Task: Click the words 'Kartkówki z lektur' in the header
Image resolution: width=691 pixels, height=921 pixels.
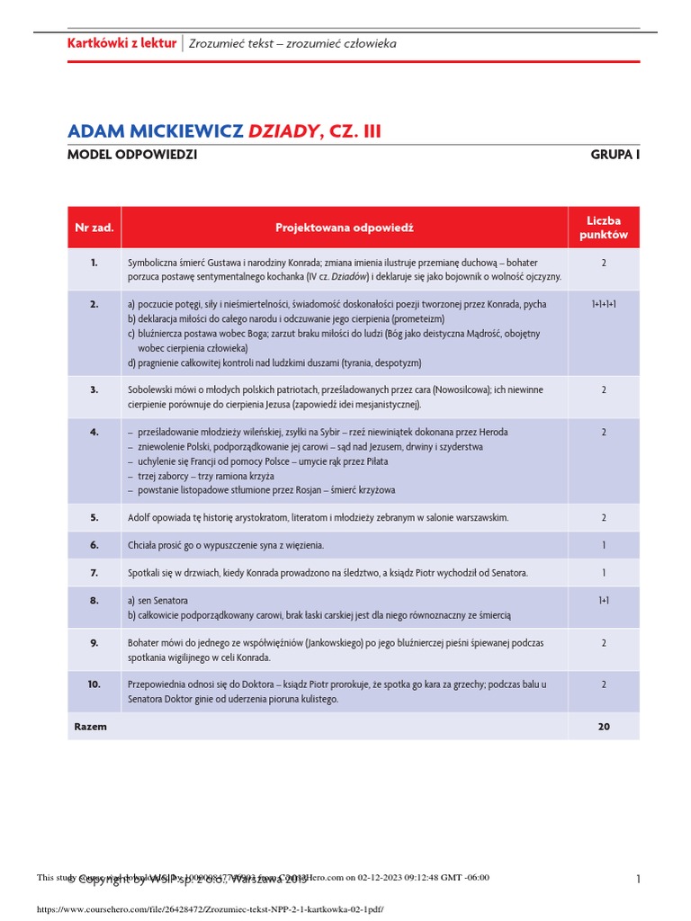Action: point(122,43)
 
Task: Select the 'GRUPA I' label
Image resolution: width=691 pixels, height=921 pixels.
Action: point(615,155)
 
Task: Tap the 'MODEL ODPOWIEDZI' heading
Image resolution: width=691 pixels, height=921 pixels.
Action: point(132,155)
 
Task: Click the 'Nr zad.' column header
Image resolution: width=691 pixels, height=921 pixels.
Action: point(94,228)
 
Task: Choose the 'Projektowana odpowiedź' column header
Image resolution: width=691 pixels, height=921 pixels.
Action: point(345,228)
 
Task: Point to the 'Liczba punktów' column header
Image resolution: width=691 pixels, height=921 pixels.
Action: point(603,228)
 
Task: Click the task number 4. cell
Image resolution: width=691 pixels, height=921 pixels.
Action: point(94,432)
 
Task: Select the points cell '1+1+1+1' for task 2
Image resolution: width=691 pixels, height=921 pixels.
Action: point(603,305)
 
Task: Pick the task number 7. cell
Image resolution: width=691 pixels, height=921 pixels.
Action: point(94,572)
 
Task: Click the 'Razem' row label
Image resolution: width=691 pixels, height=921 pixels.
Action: point(91,726)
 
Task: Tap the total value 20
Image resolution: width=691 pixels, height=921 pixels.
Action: point(603,726)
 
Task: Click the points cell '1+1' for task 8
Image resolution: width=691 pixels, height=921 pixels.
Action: point(603,600)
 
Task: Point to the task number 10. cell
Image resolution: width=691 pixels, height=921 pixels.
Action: point(94,684)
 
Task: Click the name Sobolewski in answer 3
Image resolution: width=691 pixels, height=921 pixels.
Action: point(153,389)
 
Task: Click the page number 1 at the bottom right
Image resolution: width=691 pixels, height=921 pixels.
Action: point(637,880)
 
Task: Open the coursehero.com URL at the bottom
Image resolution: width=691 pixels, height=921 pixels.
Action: point(210,909)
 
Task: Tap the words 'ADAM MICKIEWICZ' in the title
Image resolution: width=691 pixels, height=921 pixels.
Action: point(155,131)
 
